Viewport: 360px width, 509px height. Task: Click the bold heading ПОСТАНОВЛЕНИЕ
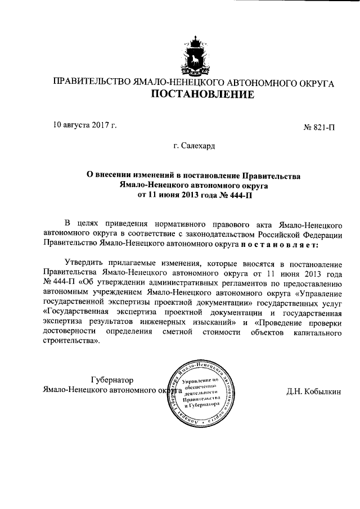[193, 95]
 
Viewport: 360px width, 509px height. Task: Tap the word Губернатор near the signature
[112, 379]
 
